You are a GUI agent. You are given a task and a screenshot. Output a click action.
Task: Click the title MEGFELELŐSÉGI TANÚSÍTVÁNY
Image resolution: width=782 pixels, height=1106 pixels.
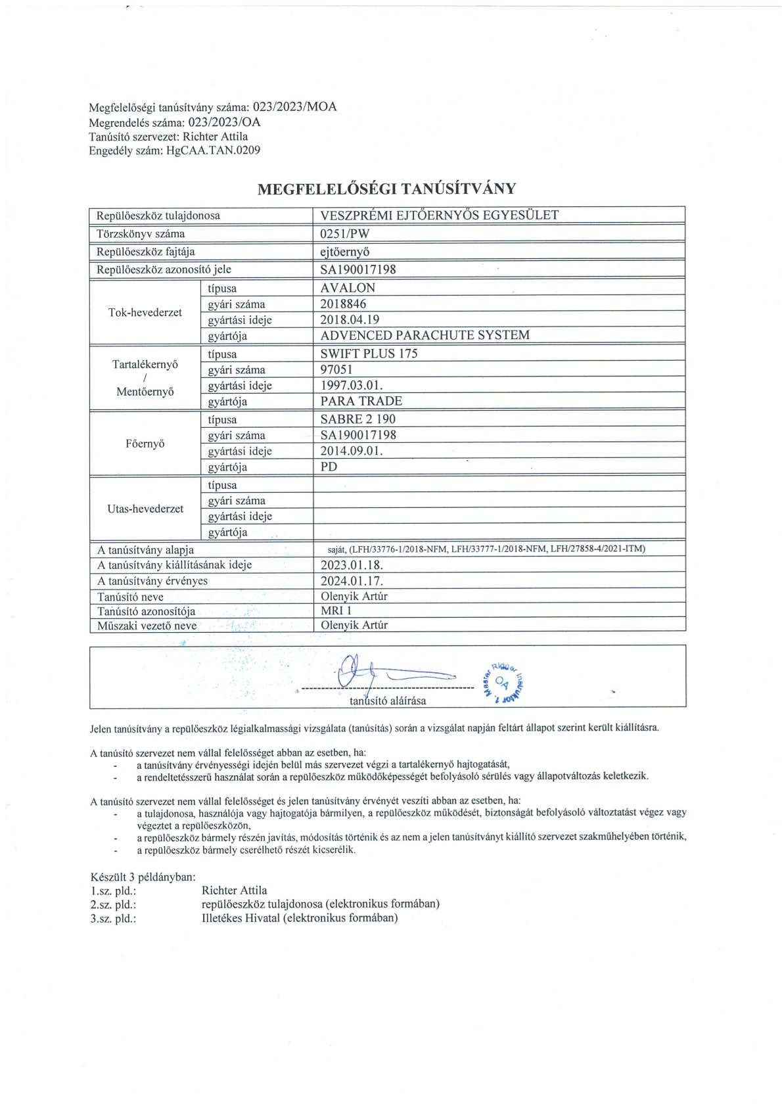[386, 189]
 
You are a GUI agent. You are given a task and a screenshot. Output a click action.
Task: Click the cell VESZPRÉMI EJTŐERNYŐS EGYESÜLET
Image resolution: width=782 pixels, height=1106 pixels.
[439, 215]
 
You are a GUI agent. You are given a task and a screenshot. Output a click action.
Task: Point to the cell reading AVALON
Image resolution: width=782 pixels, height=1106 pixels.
[348, 288]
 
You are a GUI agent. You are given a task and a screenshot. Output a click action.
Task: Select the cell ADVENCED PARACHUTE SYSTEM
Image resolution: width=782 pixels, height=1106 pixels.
[425, 335]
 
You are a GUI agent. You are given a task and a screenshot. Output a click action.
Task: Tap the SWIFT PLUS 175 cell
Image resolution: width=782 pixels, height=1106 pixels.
[369, 354]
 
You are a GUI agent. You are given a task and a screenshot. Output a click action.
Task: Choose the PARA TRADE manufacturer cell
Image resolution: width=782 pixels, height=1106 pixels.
[361, 402]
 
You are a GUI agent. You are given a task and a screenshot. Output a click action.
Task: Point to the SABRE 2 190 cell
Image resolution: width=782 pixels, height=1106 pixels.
[357, 419]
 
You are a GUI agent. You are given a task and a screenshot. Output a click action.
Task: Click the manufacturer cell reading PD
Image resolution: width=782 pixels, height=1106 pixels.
[329, 467]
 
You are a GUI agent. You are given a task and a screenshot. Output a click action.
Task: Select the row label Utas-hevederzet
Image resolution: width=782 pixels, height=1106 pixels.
[145, 509]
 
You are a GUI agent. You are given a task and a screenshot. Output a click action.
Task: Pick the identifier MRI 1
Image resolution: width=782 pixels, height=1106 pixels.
[336, 611]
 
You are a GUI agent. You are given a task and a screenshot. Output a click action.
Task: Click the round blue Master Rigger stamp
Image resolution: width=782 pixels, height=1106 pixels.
[504, 681]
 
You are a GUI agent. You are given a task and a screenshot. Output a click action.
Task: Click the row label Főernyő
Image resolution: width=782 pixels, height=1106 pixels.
[145, 444]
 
